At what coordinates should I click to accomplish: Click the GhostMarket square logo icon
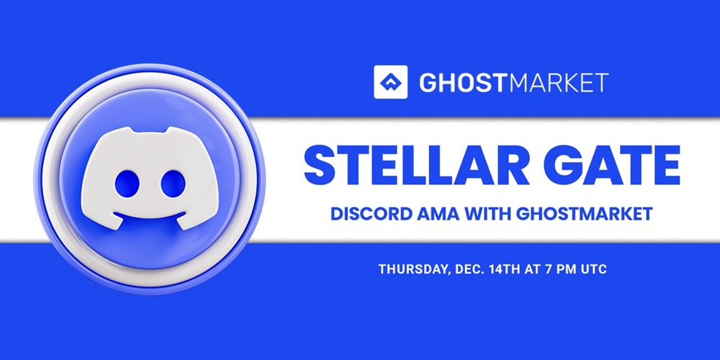coord(390,82)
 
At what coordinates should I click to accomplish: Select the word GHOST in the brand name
coord(463,83)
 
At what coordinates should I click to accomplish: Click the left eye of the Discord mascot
coord(127,183)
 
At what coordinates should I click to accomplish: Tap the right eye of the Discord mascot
coord(173,183)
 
